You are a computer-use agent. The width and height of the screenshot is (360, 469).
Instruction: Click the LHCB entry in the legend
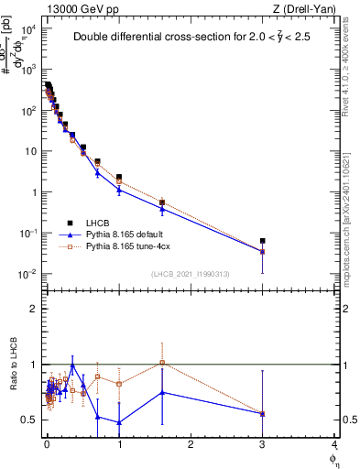click(99, 223)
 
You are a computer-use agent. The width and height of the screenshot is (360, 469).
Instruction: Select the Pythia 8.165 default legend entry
click(125, 234)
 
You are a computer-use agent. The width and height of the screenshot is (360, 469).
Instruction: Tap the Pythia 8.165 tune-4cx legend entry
click(128, 246)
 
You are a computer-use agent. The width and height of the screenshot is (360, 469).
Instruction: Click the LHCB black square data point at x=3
click(263, 241)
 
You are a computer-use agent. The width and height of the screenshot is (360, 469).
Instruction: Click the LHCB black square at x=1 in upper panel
click(119, 177)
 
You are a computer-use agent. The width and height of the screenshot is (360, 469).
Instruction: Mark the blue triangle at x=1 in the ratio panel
click(119, 422)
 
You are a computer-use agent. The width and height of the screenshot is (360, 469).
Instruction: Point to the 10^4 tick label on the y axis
click(28, 28)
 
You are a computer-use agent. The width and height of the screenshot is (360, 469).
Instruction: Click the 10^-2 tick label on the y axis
click(28, 274)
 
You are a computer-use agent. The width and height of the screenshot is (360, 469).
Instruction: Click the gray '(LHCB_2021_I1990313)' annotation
click(191, 275)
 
